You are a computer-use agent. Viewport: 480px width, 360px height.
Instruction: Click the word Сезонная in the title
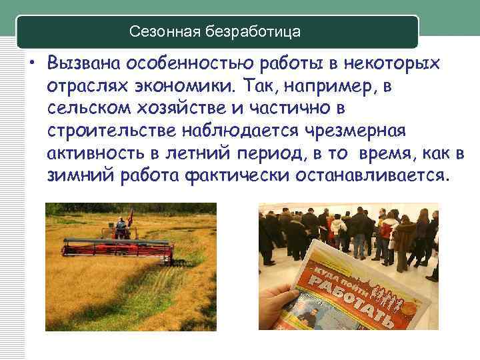[159, 31]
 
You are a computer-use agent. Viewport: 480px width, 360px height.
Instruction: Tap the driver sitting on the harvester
[121, 225]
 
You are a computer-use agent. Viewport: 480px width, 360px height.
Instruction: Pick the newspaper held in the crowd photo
[347, 293]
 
